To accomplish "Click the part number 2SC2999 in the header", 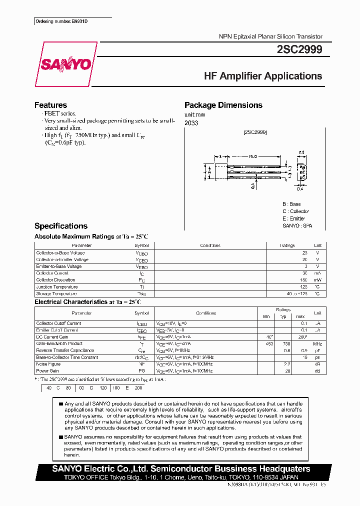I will [299, 49].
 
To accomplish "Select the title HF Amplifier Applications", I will [263, 76].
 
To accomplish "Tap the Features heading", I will [50, 105].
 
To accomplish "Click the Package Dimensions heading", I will [223, 105].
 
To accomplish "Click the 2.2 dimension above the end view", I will [301, 151].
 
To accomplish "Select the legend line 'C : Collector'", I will [295, 211].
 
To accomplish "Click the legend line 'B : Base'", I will [291, 204].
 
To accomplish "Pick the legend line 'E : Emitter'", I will [294, 218].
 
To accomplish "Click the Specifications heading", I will [60, 226].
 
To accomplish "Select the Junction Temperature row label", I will [57, 287].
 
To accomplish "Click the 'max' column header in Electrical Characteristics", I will [300, 316].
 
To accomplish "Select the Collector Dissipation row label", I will [55, 280].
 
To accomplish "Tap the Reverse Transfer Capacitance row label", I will [65, 350].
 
